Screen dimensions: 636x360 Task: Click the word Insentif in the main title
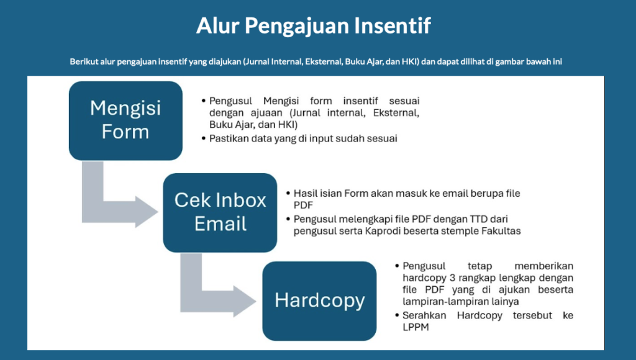(x=393, y=25)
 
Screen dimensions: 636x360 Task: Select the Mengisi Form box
(x=125, y=120)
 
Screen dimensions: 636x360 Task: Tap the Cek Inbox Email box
(x=220, y=212)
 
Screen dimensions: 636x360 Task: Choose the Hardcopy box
(x=320, y=301)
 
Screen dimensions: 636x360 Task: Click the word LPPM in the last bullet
(x=416, y=327)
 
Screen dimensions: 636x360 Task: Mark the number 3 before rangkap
(x=452, y=278)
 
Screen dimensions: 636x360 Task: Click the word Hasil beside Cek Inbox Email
(x=304, y=194)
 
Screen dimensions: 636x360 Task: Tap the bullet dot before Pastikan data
(x=204, y=138)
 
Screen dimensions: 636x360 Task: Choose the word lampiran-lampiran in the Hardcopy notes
(x=443, y=302)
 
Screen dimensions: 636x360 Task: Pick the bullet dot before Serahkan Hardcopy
(x=397, y=315)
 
